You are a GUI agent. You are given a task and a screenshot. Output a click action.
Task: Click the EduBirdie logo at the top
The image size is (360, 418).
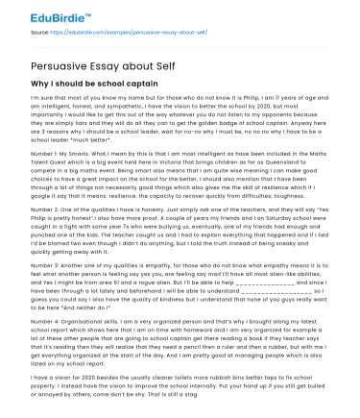pyautogui.click(x=38, y=12)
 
